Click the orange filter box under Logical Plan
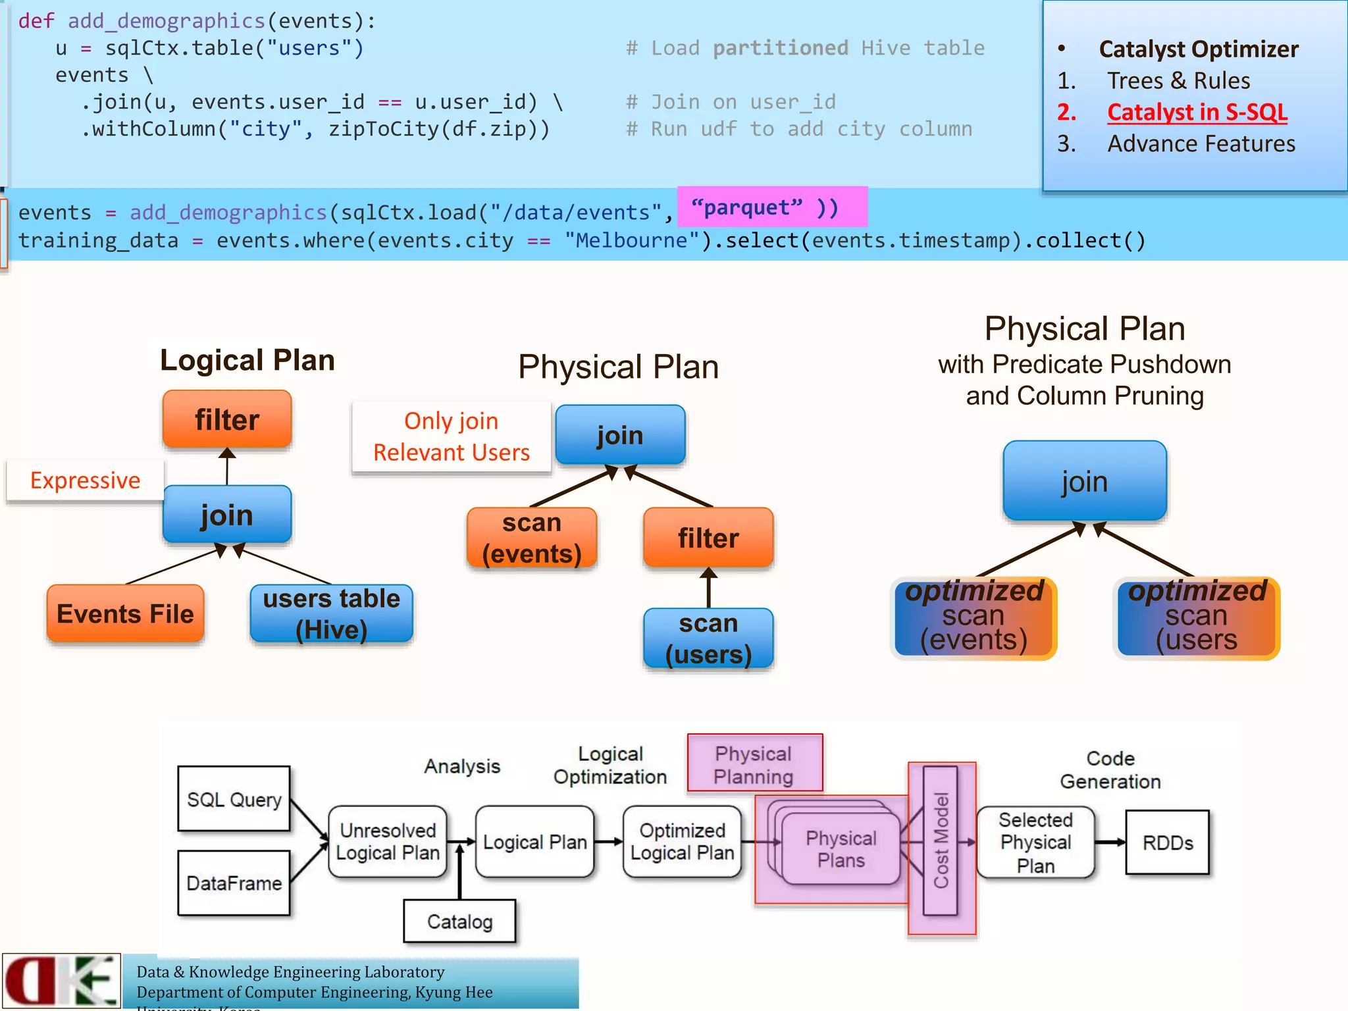[x=227, y=419]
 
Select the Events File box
[x=125, y=613]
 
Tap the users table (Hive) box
[x=331, y=613]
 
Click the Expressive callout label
[x=85, y=480]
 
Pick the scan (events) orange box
[x=532, y=538]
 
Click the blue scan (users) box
[x=708, y=638]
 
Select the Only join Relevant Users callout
[x=452, y=437]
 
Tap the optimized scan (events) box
[x=973, y=617]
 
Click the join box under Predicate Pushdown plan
[x=1084, y=481]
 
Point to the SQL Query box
[x=234, y=799]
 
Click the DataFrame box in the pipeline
[x=234, y=883]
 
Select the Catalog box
[x=459, y=921]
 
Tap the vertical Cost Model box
[x=941, y=841]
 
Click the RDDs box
[x=1168, y=842]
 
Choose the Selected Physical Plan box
[x=1035, y=842]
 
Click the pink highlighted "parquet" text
[x=747, y=208]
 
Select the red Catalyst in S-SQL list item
[x=1197, y=112]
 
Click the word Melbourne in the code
[x=632, y=241]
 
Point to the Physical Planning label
[x=754, y=764]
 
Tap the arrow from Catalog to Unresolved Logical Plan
[x=459, y=872]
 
